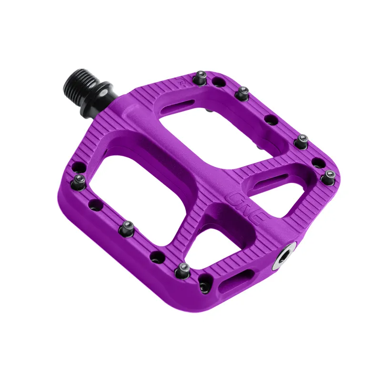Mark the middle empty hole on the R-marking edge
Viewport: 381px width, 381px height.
click(x=270, y=119)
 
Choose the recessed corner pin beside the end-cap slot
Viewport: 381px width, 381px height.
click(x=204, y=286)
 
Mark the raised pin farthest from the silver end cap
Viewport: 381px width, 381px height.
click(x=79, y=180)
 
